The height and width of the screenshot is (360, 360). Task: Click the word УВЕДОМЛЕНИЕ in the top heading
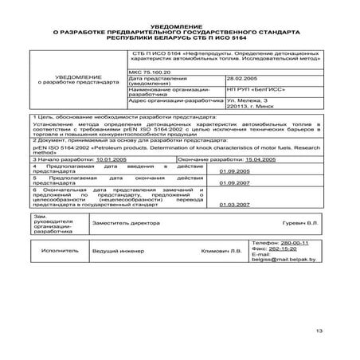(x=179, y=26)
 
